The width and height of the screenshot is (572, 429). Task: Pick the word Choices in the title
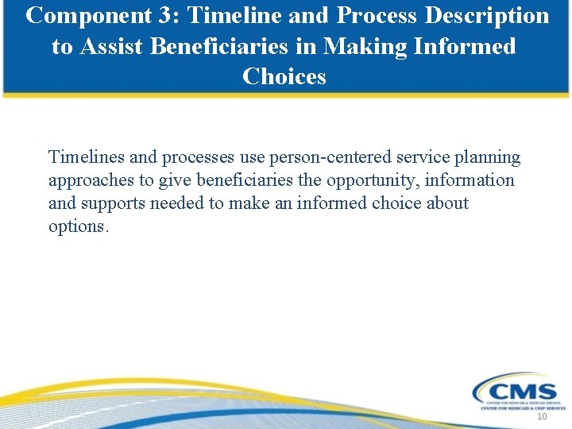[284, 77]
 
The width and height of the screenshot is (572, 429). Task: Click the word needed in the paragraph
[180, 203]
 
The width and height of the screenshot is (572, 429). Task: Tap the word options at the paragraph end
[78, 226]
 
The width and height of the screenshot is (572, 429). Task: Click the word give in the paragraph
[175, 180]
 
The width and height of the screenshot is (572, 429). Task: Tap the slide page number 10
[543, 417]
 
